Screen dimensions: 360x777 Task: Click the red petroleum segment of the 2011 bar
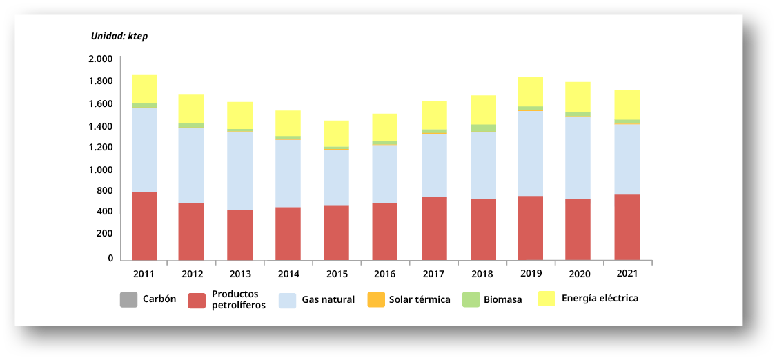(x=144, y=226)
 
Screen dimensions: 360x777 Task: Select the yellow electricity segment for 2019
(x=531, y=91)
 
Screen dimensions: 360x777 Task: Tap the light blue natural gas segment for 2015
(x=336, y=177)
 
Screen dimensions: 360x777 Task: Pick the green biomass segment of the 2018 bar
(x=483, y=128)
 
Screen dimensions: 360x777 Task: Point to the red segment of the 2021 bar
(x=627, y=227)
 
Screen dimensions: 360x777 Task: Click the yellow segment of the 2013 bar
(x=239, y=114)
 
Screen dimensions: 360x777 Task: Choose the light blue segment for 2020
(x=578, y=158)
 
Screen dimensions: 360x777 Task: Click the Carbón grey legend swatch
(x=128, y=300)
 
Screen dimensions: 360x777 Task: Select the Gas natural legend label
(x=328, y=300)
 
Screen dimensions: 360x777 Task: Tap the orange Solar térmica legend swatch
(x=375, y=300)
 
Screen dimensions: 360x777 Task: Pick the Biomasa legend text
(x=502, y=300)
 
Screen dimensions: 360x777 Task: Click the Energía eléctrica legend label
(x=600, y=299)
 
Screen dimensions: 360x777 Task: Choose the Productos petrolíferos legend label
(x=238, y=299)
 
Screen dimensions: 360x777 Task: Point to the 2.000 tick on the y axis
(x=101, y=59)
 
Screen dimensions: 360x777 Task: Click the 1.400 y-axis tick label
(x=101, y=126)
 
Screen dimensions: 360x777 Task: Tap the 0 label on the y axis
(x=110, y=259)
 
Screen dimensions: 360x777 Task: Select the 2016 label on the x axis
(x=384, y=274)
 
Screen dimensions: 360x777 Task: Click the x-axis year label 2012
(x=192, y=274)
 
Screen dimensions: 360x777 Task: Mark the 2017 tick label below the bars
(x=433, y=274)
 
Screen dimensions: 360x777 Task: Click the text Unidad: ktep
(x=119, y=36)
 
